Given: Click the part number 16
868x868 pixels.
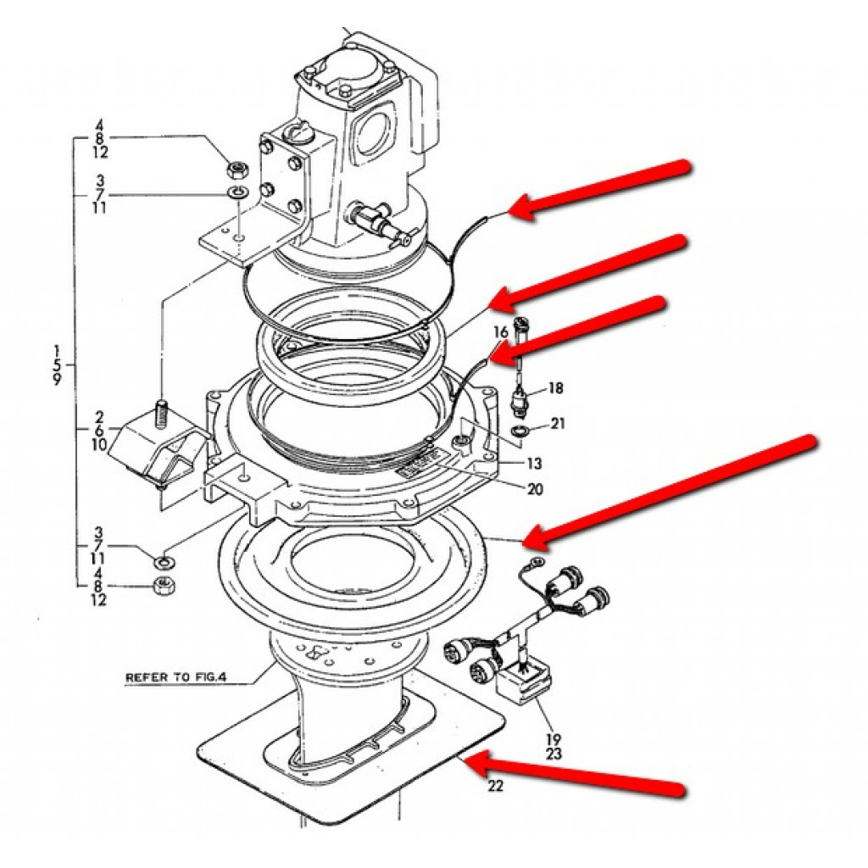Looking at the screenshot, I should click(501, 331).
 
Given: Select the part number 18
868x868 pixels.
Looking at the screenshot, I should click(555, 388).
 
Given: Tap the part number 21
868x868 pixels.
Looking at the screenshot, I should click(557, 423).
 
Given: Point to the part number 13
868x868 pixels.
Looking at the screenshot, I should click(533, 464).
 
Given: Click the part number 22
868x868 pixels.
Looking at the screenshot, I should click(496, 786).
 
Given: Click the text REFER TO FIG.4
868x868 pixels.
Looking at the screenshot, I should click(177, 678).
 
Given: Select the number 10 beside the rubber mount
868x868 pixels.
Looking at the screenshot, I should click(99, 444).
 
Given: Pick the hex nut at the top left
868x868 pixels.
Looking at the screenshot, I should click(236, 167).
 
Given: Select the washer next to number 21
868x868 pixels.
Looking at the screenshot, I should click(519, 434).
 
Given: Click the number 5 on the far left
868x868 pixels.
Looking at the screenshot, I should click(57, 364).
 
